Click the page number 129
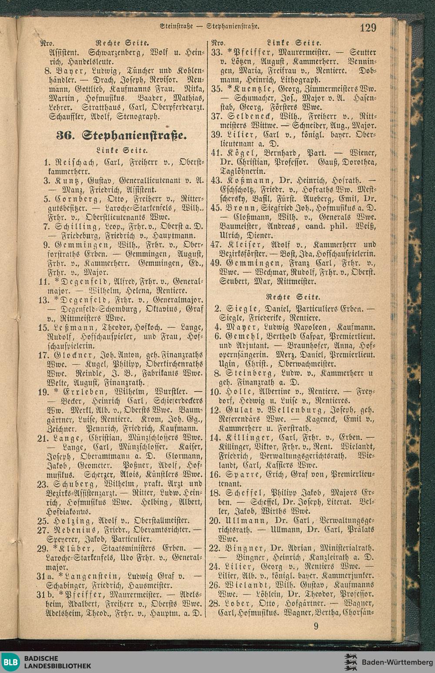[x=368, y=28]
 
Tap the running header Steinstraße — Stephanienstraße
[x=210, y=27]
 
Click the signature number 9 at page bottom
[x=316, y=626]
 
